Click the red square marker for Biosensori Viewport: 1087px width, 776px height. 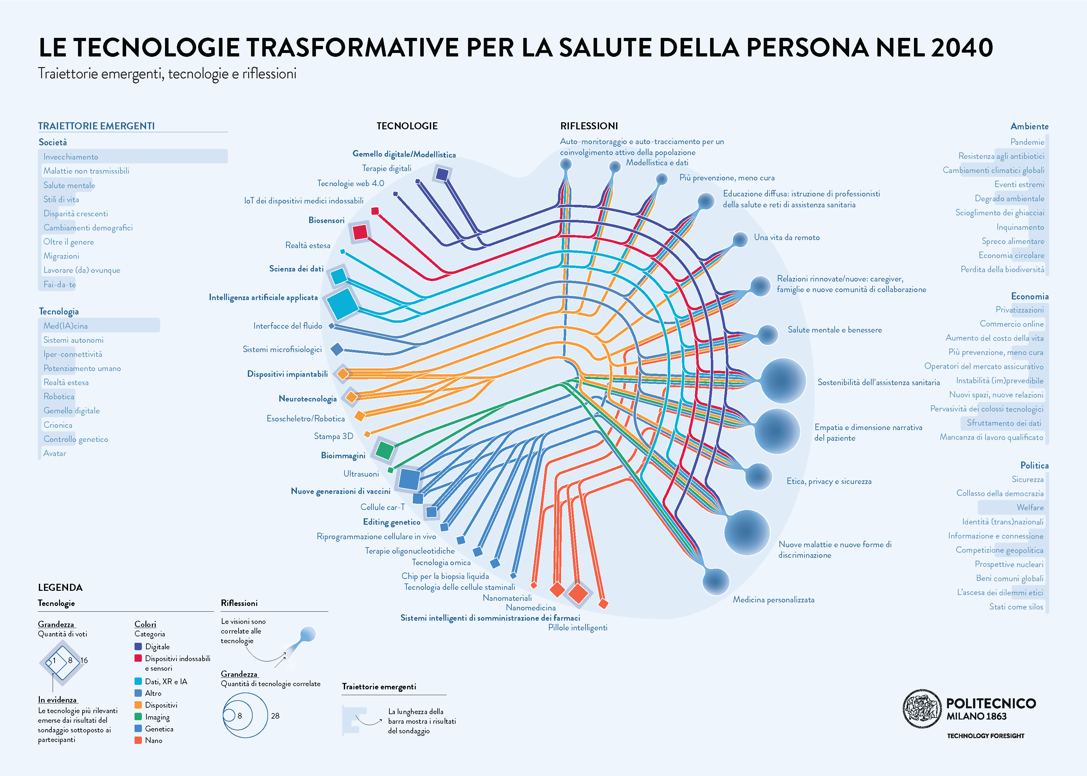(360, 232)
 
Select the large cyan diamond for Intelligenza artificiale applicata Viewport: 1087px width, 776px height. (342, 303)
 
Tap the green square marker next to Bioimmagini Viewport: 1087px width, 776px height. (384, 450)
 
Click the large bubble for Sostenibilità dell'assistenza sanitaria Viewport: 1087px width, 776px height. (783, 381)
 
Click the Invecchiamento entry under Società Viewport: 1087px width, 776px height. (71, 157)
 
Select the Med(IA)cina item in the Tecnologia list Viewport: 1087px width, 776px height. (65, 326)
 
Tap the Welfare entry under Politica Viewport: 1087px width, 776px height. (1030, 507)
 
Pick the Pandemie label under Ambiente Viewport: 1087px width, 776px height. (1027, 142)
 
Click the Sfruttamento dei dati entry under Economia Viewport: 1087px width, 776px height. (1004, 423)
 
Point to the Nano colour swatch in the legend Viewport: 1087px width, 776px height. (138, 740)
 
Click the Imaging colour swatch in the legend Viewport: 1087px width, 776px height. (138, 717)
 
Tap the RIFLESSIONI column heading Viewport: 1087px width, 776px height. (589, 126)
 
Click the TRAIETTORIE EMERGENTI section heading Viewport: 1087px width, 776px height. (97, 126)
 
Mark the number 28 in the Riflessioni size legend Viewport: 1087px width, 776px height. (275, 716)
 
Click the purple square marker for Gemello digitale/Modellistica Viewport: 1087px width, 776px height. (442, 174)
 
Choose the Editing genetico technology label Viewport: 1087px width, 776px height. (391, 522)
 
